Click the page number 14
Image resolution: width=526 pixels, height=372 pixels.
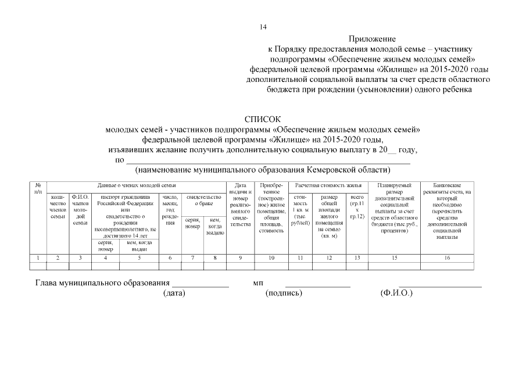(263, 27)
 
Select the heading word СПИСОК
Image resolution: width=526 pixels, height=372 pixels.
(262, 119)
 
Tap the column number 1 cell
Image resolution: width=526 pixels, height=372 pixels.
(38, 257)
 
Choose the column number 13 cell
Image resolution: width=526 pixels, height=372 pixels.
(357, 257)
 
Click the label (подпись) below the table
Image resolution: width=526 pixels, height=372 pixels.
(284, 293)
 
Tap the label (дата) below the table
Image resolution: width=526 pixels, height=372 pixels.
(174, 293)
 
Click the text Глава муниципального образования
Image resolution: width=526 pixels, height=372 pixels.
(102, 283)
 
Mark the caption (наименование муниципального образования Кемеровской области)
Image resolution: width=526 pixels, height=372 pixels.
(262, 170)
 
